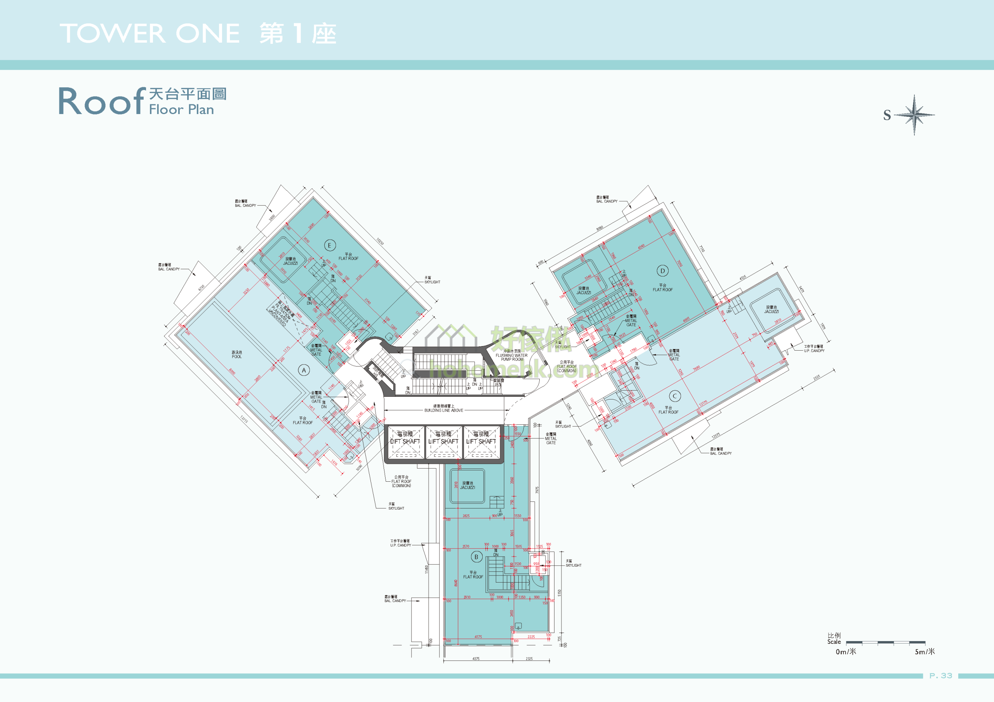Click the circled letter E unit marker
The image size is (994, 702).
[330, 246]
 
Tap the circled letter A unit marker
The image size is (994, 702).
[304, 370]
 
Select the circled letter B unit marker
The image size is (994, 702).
[476, 557]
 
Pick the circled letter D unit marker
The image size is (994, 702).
[662, 271]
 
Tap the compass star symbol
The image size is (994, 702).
[914, 115]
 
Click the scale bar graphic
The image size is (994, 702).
[885, 642]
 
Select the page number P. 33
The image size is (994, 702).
[941, 676]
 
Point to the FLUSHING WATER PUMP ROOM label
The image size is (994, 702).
[512, 356]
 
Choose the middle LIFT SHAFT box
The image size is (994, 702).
[443, 442]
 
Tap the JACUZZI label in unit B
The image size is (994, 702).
[467, 485]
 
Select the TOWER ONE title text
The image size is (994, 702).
[150, 33]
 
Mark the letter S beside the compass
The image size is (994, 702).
[887, 116]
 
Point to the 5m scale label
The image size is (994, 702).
[924, 652]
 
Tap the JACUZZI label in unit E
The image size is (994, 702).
[290, 261]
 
